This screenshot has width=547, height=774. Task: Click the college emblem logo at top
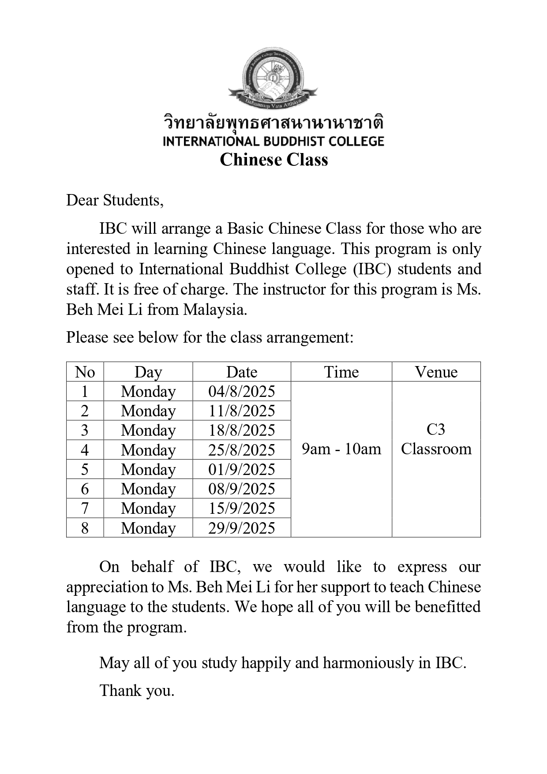tap(273, 79)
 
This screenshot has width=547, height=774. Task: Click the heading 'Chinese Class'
tap(273, 160)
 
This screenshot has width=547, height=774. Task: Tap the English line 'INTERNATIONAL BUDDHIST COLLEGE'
tap(273, 142)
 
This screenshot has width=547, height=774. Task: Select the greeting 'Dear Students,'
tap(115, 200)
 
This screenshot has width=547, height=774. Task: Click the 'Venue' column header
tap(436, 372)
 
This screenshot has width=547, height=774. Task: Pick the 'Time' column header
tap(341, 372)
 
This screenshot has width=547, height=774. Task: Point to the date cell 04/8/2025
tap(241, 392)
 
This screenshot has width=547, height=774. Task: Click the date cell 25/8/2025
tap(241, 450)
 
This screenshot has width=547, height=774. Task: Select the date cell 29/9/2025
tap(241, 528)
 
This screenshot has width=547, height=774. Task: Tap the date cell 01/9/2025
tap(241, 469)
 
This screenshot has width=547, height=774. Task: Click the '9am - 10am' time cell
tap(341, 449)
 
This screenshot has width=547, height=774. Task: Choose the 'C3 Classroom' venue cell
tap(436, 439)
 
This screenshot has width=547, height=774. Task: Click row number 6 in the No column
tap(85, 489)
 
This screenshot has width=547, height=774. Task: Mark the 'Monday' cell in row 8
tap(148, 528)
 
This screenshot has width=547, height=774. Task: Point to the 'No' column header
tap(85, 372)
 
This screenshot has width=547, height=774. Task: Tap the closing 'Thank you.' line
tap(137, 690)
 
